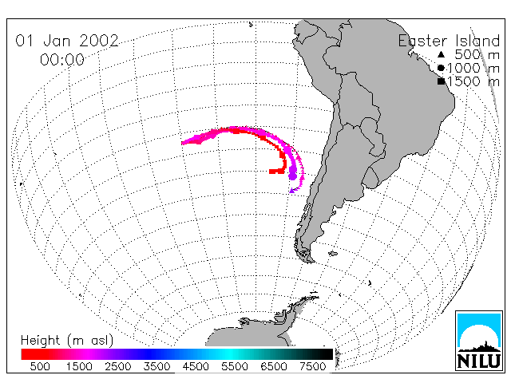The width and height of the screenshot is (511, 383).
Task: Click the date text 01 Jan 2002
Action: tap(67, 41)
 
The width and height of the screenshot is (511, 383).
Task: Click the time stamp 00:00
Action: tap(62, 60)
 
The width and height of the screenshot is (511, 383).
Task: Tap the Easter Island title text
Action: tap(449, 41)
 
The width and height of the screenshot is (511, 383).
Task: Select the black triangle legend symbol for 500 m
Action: tap(441, 54)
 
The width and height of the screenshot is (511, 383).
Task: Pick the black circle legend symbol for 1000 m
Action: tap(441, 68)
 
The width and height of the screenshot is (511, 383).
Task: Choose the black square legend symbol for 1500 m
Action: tap(442, 81)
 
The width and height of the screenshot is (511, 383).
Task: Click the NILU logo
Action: tap(479, 341)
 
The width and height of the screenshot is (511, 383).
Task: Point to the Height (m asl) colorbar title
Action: tap(67, 341)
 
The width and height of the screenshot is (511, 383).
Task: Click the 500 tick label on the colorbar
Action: tap(40, 366)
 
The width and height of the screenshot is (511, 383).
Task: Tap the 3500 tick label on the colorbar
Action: tap(156, 366)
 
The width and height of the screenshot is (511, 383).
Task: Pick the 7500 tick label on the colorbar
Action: tap(312, 366)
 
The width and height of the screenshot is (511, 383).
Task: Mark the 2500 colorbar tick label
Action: tap(118, 366)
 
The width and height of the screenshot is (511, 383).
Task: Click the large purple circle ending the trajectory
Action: tap(293, 176)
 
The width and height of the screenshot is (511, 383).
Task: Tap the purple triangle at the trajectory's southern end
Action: tap(292, 191)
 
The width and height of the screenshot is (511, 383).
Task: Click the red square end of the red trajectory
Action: tap(271, 172)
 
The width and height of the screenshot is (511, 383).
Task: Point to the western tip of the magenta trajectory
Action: tap(183, 143)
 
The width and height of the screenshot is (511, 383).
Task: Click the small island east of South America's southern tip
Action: tap(333, 254)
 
